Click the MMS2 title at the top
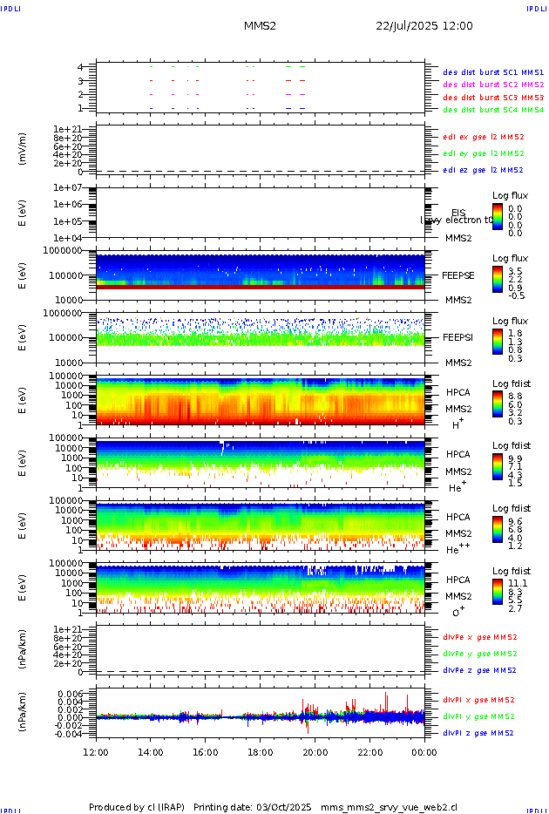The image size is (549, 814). pyautogui.click(x=260, y=26)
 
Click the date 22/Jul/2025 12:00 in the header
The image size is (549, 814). pyautogui.click(x=424, y=26)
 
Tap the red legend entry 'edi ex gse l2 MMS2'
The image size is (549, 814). pyautogui.click(x=484, y=137)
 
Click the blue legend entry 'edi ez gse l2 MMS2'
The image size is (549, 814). pyautogui.click(x=484, y=170)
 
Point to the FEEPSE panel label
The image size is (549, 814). pyautogui.click(x=458, y=275)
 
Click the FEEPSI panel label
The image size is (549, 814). pyautogui.click(x=458, y=337)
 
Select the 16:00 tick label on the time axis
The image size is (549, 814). pyautogui.click(x=206, y=752)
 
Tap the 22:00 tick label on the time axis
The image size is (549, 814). pyautogui.click(x=369, y=752)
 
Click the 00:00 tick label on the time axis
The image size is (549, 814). pyautogui.click(x=424, y=752)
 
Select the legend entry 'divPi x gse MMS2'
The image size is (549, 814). pyautogui.click(x=479, y=700)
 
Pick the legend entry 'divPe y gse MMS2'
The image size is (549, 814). pyautogui.click(x=480, y=654)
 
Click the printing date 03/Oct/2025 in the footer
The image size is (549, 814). pyautogui.click(x=283, y=807)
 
